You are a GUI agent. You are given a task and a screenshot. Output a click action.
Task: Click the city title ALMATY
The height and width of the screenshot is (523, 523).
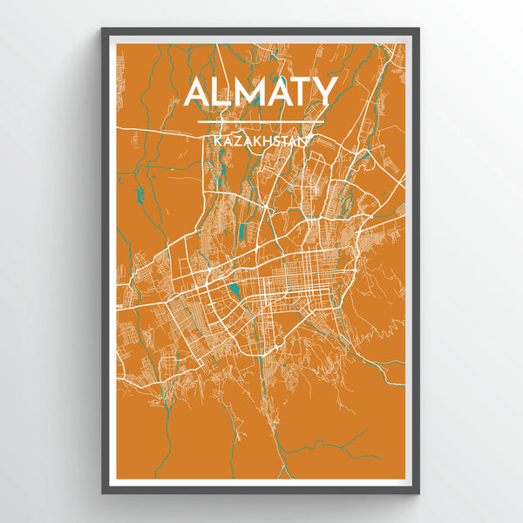[x=261, y=92]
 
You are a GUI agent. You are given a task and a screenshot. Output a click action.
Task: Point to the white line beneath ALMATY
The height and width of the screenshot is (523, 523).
[x=261, y=121]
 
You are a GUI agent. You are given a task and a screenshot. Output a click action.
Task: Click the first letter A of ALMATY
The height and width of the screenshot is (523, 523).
[x=199, y=92]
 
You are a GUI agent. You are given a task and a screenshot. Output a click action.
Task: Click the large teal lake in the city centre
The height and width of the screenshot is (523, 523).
[x=234, y=289]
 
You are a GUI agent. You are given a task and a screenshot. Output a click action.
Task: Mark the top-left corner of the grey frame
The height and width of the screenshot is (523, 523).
[x=103, y=30]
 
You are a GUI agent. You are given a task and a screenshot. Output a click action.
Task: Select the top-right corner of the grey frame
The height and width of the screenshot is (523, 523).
[x=418, y=30]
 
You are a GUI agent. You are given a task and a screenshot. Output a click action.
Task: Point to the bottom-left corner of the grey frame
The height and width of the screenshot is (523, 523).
[x=103, y=492]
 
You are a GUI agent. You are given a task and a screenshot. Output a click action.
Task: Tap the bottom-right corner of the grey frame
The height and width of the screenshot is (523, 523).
[x=418, y=492]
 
